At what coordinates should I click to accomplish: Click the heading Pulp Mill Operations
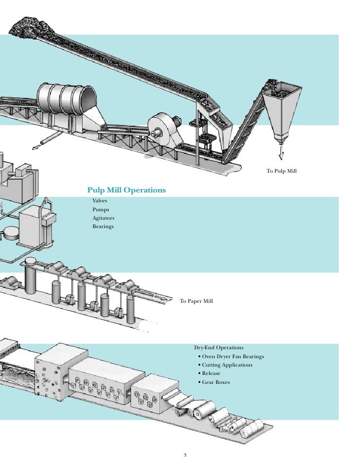point(127,190)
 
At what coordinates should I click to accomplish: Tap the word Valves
point(99,201)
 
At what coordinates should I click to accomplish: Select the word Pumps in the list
point(100,210)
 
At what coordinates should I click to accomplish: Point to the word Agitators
point(103,218)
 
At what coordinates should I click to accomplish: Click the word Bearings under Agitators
point(103,227)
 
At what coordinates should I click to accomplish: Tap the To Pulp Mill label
point(281,171)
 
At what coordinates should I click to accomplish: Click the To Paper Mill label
point(196,301)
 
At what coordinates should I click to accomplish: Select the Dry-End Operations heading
point(219,348)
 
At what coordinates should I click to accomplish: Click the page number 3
point(185,455)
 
